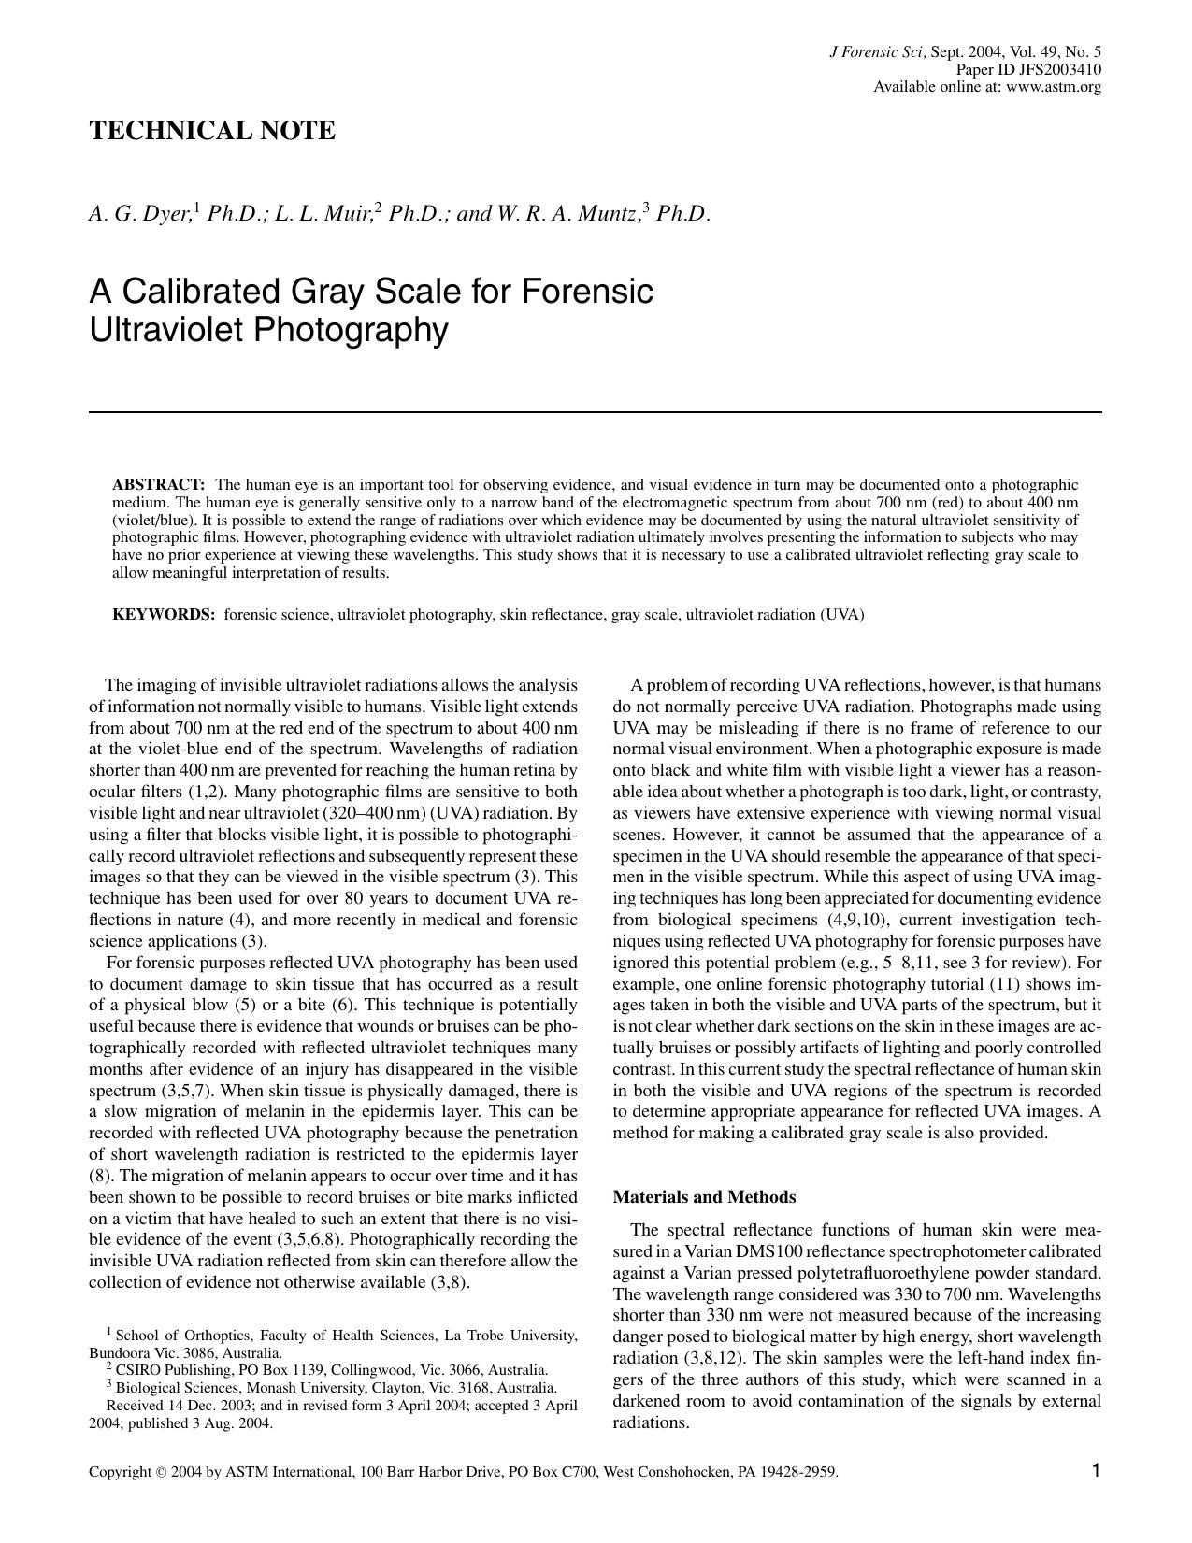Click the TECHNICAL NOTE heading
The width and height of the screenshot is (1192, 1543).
click(211, 131)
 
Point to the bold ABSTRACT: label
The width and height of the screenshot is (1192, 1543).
click(158, 485)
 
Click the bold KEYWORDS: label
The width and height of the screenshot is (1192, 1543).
click(164, 615)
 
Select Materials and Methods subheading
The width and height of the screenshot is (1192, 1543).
click(704, 1197)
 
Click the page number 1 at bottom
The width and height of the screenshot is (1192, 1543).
click(1096, 1471)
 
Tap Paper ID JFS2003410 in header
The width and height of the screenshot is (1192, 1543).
click(1027, 70)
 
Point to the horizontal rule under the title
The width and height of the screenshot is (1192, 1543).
click(595, 411)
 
